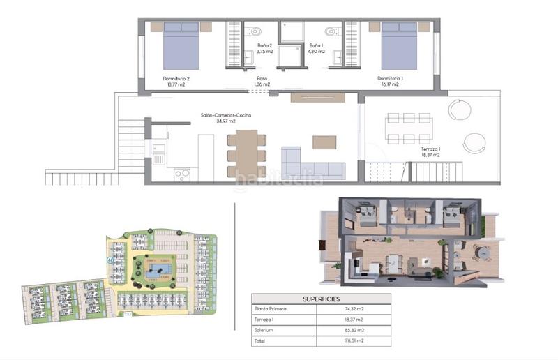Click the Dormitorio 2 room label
click(x=175, y=82)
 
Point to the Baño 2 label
click(x=263, y=48)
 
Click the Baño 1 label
click(x=317, y=48)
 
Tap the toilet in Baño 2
click(x=253, y=31)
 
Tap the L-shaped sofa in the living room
click(x=312, y=164)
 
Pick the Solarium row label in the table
click(x=265, y=330)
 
